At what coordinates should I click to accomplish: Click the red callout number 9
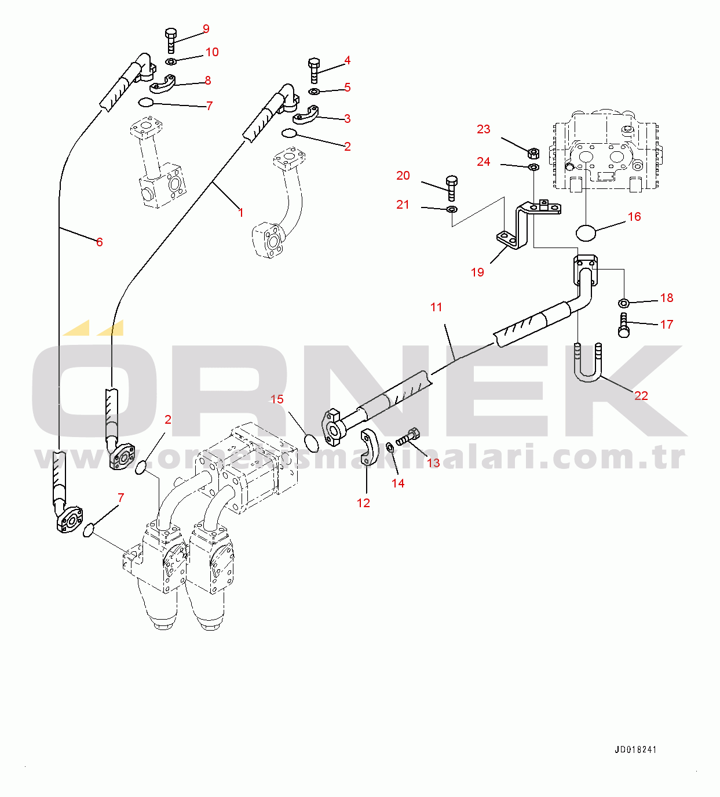pos(206,28)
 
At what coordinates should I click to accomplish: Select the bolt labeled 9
pos(170,41)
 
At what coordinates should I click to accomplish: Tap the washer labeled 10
pos(171,61)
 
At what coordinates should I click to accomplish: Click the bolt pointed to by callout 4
pos(314,71)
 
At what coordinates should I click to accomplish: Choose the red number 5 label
pos(348,88)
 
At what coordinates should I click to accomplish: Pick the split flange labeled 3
pos(306,115)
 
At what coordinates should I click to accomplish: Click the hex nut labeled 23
pos(533,152)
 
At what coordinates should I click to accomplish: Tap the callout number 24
pos(483,162)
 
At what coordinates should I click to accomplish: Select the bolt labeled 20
pos(452,188)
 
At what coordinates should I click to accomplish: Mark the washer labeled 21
pos(452,209)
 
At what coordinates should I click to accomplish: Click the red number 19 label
pos(477,272)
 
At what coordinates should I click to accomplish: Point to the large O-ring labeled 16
pos(586,233)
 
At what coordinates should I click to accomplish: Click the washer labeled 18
pos(624,304)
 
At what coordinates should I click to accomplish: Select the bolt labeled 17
pos(623,325)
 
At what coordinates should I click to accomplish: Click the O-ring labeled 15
pos(312,443)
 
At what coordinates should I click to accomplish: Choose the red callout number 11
pos(436,307)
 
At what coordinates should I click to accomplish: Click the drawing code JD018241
pos(635,749)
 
